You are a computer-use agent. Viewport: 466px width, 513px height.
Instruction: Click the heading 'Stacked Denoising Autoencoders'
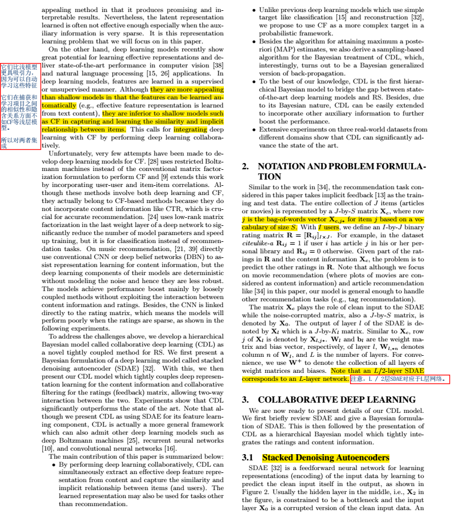(326, 458)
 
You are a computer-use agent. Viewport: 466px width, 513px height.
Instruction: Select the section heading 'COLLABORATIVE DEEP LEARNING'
(336, 400)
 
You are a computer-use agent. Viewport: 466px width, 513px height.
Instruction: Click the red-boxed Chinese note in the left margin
(20, 106)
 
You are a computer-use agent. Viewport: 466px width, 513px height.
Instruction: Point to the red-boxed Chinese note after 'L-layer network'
(400, 379)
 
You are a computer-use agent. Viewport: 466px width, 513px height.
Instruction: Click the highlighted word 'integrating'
(190, 129)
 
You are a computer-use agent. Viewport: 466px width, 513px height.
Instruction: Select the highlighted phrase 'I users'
(328, 227)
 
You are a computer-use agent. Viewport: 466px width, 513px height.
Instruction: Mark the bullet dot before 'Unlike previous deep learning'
(254, 10)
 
